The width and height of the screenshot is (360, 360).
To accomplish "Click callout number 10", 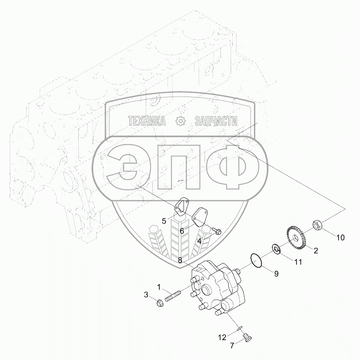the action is pos(341,237).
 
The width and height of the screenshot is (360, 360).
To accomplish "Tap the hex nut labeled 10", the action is pos(317,224).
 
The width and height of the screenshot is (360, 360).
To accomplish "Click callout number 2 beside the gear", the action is pos(316,251).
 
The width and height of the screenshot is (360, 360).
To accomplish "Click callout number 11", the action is pos(298,262).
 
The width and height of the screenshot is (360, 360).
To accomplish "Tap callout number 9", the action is pos(276,274).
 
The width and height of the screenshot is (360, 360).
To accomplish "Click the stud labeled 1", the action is pos(173,296).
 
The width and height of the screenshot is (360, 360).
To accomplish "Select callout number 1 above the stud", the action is pos(159,287).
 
